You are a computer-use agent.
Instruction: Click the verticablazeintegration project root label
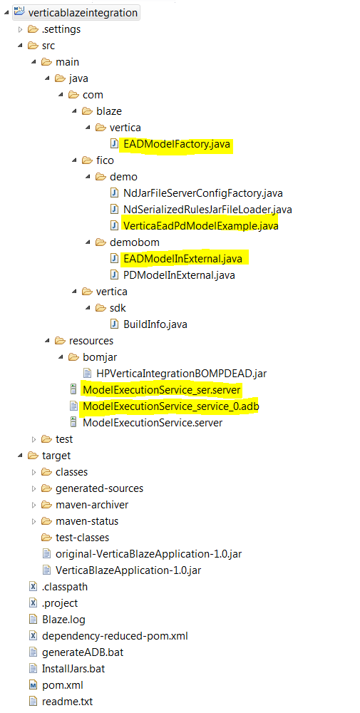pos(83,13)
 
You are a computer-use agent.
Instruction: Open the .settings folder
pos(61,29)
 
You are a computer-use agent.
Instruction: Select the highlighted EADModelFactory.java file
pos(176,144)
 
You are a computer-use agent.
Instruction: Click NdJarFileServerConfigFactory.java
pos(202,193)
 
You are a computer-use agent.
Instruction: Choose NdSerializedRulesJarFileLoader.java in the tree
pos(207,210)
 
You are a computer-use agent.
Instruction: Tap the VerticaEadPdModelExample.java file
pos(200,226)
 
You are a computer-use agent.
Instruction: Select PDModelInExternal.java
pos(179,275)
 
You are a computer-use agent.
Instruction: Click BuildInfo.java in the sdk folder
pos(155,324)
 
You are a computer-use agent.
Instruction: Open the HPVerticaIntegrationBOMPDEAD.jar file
pos(181,374)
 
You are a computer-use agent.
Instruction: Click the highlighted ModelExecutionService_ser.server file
pos(161,390)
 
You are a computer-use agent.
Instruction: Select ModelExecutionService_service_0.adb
pos(171,406)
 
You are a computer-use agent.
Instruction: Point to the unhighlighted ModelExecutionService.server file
pos(153,422)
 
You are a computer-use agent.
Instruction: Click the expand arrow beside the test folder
pos(34,438)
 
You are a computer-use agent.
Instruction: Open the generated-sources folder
pos(99,488)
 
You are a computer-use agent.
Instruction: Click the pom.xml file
pos(62,684)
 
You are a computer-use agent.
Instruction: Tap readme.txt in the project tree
pos(67,701)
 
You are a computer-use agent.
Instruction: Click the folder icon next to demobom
pos(101,242)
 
